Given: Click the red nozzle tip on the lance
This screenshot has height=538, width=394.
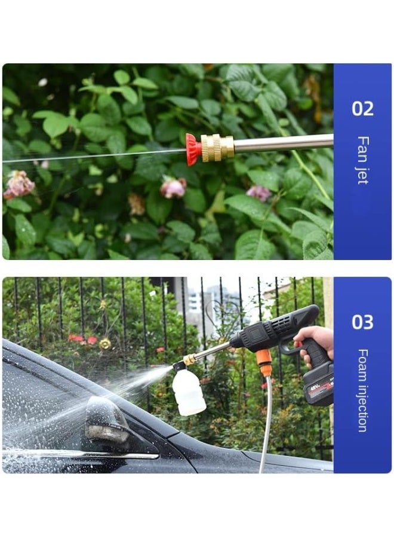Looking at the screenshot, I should coord(193,149).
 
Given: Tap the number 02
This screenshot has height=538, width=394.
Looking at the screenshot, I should coord(362,109).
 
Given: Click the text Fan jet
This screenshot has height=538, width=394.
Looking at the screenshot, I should coord(362,160).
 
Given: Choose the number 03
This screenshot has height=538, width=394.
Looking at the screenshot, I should coord(362,322).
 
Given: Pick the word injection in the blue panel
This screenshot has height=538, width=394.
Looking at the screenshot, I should coord(362,406).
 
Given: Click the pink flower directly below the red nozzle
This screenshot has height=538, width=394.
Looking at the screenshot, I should coord(173,187).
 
